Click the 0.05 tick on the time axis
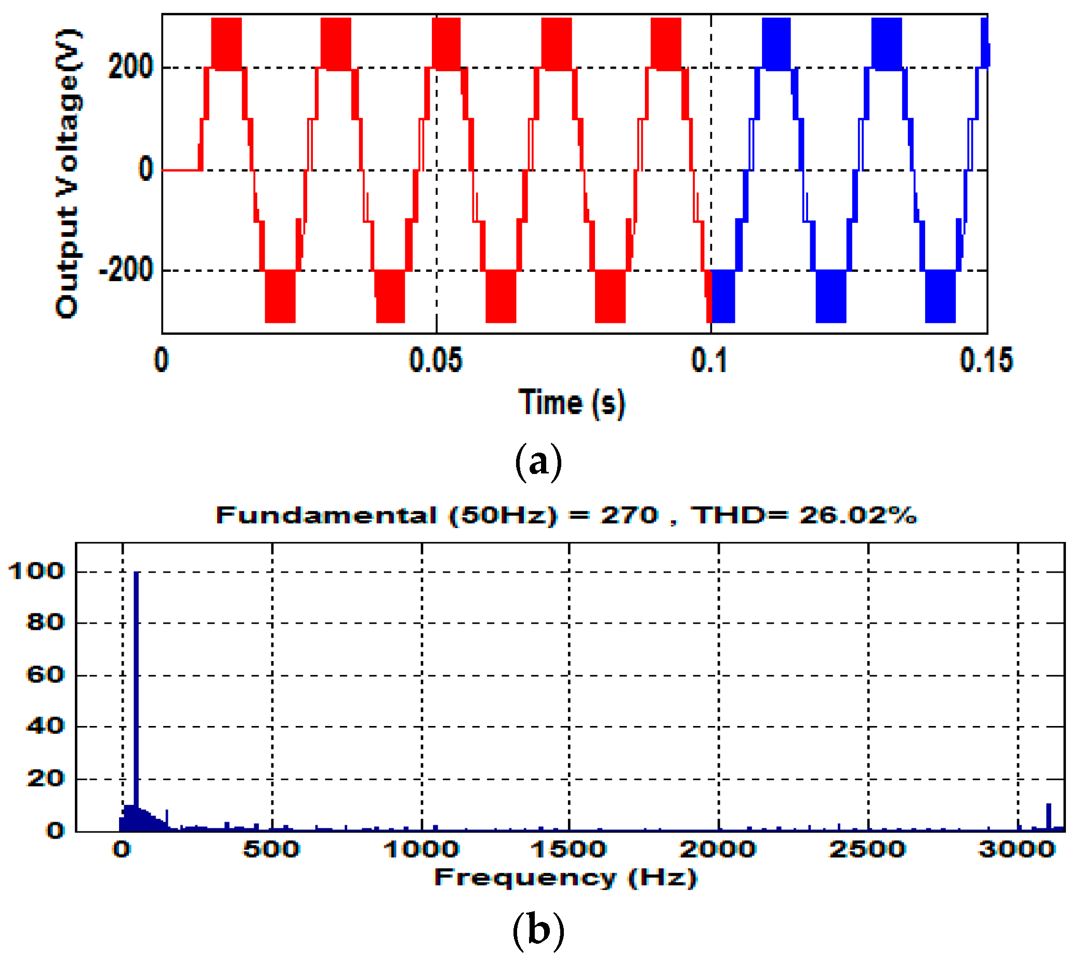point(436,360)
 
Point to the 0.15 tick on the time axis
point(986,360)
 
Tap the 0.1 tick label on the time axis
point(709,360)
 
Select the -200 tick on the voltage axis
point(126,271)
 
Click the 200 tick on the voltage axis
point(130,67)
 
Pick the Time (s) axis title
point(572,403)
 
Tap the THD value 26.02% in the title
point(857,515)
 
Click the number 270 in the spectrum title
point(629,515)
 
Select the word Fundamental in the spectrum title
point(326,515)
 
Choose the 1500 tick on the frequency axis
point(569,850)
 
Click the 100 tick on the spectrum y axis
point(36,571)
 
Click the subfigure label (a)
point(538,463)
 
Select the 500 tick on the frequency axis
point(272,850)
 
